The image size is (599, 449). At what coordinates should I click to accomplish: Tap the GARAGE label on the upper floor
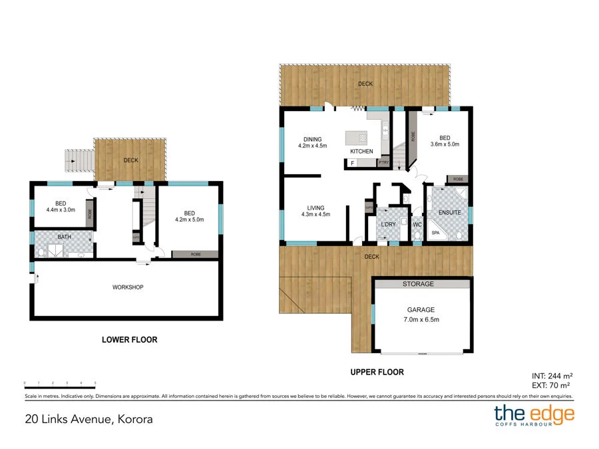421,310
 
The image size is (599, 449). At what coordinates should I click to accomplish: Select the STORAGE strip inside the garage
418,284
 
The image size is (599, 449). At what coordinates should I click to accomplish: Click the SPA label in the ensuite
435,233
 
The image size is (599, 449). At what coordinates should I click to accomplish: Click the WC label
417,224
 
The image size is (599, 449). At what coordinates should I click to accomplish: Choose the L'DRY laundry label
388,224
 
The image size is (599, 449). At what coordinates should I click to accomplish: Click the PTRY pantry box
383,162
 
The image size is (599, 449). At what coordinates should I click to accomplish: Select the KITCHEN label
362,152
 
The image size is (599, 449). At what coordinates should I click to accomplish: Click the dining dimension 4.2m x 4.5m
312,146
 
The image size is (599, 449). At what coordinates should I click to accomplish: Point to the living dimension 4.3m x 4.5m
316,214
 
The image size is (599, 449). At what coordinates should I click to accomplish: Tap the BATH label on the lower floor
65,236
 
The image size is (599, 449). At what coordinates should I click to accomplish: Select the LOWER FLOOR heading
129,340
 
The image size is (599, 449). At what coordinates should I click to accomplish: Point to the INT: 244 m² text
552,376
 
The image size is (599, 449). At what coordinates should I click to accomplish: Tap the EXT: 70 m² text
552,385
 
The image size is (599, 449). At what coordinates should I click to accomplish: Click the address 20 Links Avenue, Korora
89,419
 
